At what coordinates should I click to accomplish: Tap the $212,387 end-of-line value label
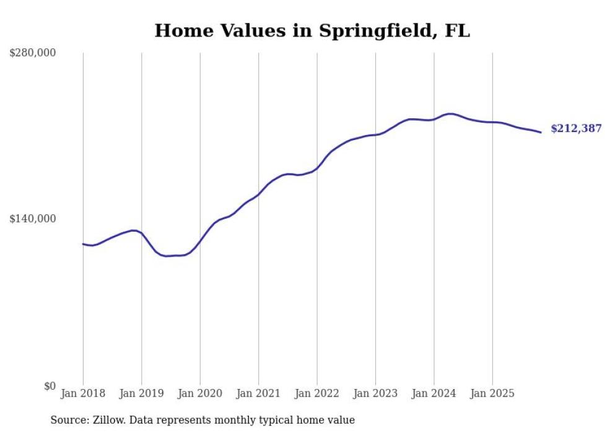click(x=576, y=129)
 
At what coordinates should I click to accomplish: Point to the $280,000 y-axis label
click(x=32, y=53)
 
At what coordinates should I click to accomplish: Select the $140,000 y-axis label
click(x=32, y=219)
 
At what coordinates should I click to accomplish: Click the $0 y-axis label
click(x=50, y=386)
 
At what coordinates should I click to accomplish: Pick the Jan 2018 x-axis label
click(x=83, y=393)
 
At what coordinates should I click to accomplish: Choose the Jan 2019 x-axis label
click(x=142, y=393)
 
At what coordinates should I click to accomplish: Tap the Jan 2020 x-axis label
click(x=200, y=393)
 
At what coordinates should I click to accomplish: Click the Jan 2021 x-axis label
click(x=258, y=393)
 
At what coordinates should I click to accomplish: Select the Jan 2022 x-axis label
click(x=317, y=393)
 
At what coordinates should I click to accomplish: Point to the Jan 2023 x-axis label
click(x=375, y=393)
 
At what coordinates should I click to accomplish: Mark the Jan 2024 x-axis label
click(x=434, y=393)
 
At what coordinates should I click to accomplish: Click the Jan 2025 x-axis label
click(x=492, y=393)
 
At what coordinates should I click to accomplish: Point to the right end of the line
click(x=541, y=132)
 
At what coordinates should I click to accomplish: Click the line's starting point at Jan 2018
click(x=83, y=244)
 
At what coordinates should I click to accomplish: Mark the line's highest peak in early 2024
click(x=450, y=113)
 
